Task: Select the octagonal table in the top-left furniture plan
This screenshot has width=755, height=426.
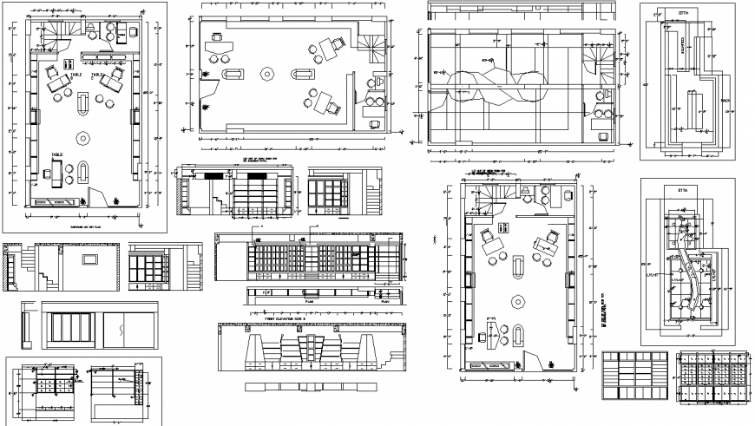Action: point(83,137)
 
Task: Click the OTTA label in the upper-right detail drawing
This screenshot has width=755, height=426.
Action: point(683,14)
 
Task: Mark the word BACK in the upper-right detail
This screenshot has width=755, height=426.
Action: point(725,101)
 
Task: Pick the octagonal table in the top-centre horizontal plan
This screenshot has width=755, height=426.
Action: point(267,73)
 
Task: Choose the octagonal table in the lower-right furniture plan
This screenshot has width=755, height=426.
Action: point(518,301)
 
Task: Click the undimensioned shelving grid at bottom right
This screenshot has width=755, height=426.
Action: point(633,377)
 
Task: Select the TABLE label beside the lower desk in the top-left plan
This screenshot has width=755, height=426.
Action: point(56,155)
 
